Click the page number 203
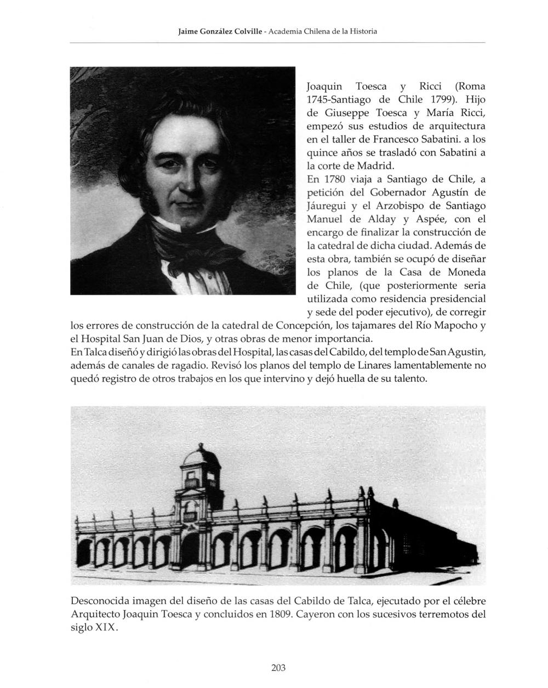point(278,667)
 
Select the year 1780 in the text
point(334,179)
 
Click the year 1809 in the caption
point(279,614)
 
